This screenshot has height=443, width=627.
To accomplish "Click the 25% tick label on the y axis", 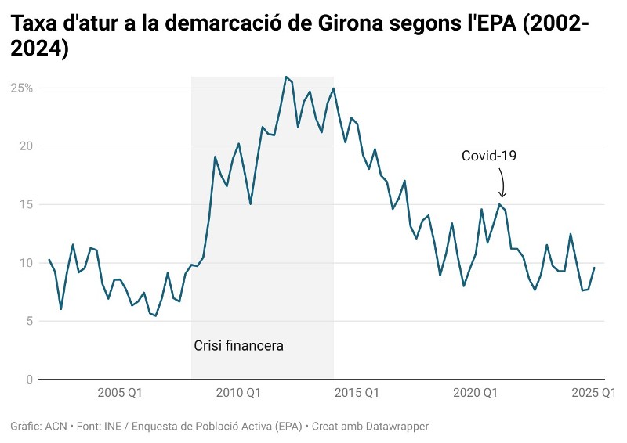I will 21,88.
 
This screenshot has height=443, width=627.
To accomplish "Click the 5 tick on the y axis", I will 29,321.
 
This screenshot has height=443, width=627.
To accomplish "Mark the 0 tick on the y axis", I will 29,380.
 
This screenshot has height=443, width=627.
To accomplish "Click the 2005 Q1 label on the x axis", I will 121,392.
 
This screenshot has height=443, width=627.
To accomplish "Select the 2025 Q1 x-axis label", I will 594,392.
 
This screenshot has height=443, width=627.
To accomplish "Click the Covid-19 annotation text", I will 489,156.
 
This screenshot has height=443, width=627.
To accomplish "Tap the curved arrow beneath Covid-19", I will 502,184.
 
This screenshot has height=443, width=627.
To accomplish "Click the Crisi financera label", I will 238,344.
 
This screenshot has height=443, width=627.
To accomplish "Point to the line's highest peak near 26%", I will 286,77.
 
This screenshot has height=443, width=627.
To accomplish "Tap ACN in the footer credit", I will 56,427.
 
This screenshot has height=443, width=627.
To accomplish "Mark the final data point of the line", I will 594,268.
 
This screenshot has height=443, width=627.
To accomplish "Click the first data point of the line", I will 49,260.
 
